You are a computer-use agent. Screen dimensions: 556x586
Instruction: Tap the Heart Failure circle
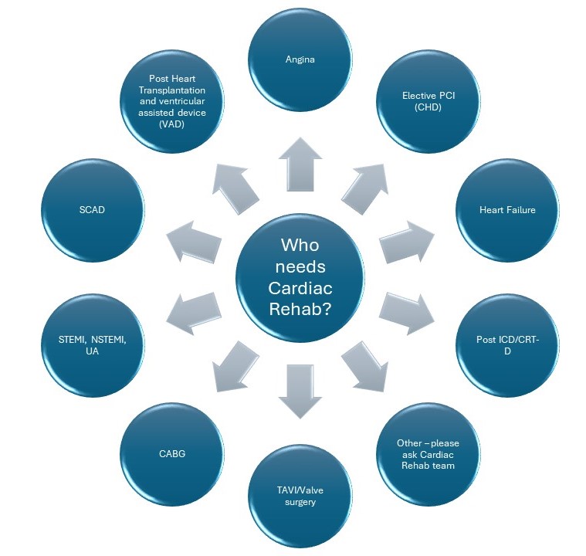507,210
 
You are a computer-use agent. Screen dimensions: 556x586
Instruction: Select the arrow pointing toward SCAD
191,240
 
